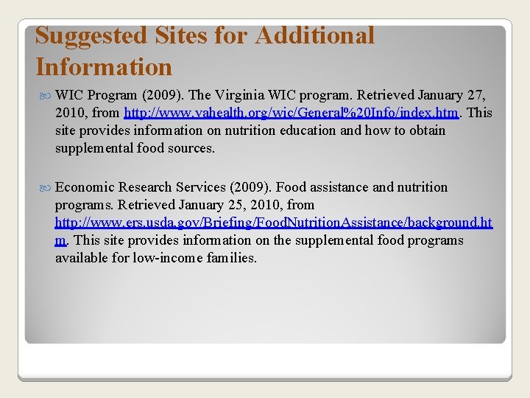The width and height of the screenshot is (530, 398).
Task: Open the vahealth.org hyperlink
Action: tap(291, 113)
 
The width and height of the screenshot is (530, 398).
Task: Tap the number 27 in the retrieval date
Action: tap(476, 95)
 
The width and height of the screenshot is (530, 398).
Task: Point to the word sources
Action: tap(189, 148)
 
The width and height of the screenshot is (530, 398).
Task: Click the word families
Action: tap(231, 258)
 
